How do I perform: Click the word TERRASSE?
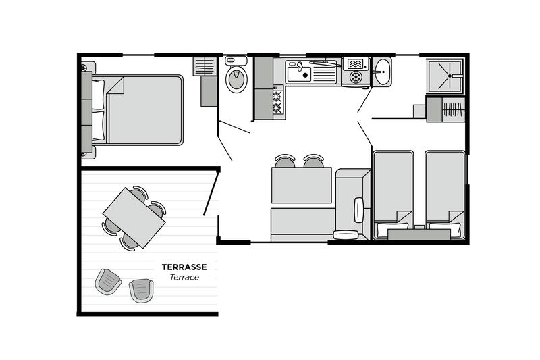(x=184, y=267)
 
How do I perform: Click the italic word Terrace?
(x=184, y=278)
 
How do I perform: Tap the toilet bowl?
(x=236, y=78)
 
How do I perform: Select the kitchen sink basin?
(x=299, y=74)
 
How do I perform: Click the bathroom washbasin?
(x=382, y=72)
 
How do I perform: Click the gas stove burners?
(x=278, y=102)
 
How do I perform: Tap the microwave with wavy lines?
(x=356, y=64)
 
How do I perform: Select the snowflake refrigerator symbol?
(x=356, y=77)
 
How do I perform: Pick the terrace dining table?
(x=134, y=217)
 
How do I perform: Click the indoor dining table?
(x=301, y=185)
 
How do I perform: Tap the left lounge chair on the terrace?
(x=108, y=282)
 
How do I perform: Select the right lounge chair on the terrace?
(x=141, y=290)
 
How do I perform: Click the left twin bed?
(x=394, y=195)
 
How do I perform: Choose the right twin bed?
(x=446, y=195)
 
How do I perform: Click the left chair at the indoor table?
(x=285, y=161)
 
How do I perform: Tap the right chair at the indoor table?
(x=313, y=161)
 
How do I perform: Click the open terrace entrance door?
(x=211, y=194)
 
